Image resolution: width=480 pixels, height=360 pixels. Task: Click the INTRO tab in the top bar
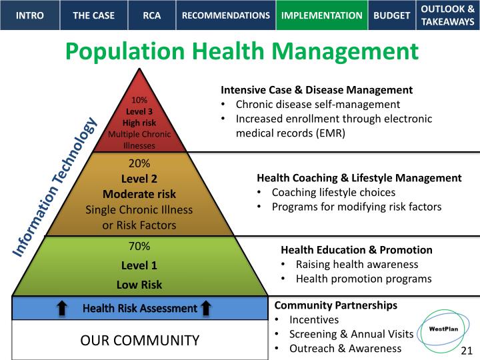[29, 15]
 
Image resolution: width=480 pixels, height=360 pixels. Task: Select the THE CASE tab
[93, 15]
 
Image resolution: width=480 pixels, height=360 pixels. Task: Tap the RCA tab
[151, 15]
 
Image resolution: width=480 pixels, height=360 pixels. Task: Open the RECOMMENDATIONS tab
[226, 15]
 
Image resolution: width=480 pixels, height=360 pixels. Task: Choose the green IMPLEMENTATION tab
[322, 15]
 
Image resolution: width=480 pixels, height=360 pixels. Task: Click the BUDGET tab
[392, 15]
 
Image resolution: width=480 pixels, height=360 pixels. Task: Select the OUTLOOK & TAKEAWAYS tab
[447, 15]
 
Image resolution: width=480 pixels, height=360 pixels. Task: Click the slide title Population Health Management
[241, 51]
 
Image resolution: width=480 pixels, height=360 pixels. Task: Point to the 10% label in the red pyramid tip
[139, 100]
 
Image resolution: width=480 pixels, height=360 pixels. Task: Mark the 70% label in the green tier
[139, 247]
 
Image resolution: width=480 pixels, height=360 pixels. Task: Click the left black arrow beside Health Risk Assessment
[62, 308]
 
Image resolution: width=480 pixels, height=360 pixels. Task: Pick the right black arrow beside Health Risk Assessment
[206, 308]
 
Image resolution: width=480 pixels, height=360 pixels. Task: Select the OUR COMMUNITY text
[139, 341]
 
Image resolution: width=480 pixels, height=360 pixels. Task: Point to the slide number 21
[467, 351]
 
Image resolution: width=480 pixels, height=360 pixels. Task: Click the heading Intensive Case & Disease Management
[317, 90]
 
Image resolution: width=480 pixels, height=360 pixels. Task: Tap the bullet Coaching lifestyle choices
[333, 192]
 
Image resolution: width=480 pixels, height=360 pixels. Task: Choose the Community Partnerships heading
[336, 305]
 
